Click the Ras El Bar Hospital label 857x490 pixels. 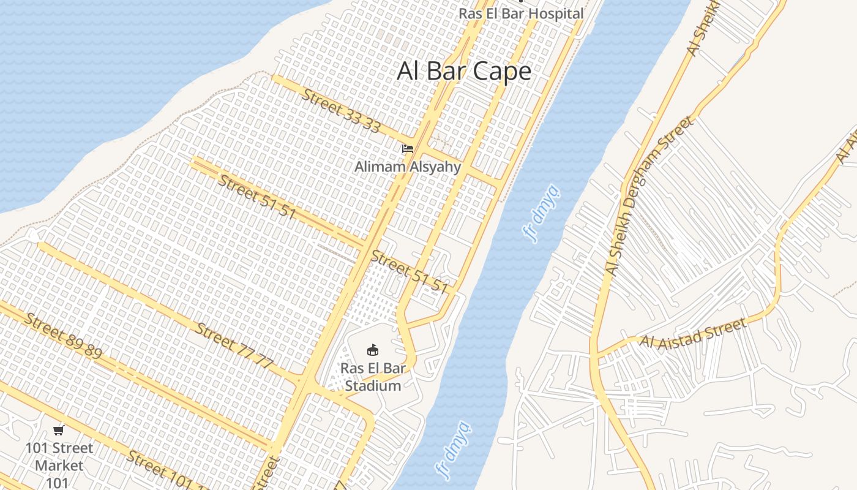pos(521,13)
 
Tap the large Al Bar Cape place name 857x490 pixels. pos(464,71)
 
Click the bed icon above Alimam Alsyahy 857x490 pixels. pos(408,149)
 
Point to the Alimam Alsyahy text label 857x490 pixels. pos(408,167)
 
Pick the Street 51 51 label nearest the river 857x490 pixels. pos(410,272)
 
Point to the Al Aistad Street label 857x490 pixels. pos(693,333)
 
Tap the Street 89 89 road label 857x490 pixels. pos(64,336)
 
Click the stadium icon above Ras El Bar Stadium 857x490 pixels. pos(372,350)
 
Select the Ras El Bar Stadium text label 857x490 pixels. pos(372,377)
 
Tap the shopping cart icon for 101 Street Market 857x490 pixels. pos(59,430)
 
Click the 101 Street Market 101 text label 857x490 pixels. pos(59,466)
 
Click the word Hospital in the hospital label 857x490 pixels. pos(556,13)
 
